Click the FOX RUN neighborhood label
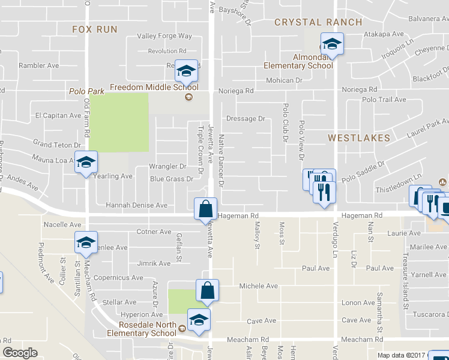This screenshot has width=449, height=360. coord(95,29)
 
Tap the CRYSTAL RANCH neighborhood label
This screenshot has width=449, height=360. coord(318,22)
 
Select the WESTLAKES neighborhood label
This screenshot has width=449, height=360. coord(359,137)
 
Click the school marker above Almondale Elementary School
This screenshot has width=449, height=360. coord(331,43)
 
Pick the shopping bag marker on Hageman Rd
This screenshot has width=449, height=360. coord(205,209)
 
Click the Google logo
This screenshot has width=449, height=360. coord(20,353)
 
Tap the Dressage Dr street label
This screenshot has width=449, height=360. coord(246,119)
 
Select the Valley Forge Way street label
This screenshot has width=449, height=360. coord(164,36)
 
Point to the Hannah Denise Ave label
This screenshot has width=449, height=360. coord(136,205)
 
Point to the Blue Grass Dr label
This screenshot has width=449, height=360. coord(172,179)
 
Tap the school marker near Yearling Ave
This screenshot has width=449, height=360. coord(86,163)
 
